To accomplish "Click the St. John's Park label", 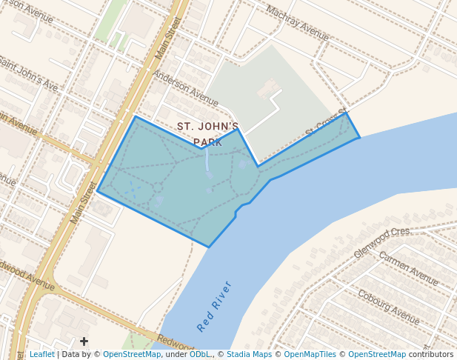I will point(207,134).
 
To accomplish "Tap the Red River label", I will point(215,306).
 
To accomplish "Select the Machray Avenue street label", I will point(297,24).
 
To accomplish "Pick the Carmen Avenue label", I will point(408,267).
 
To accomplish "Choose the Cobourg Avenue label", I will point(388,303).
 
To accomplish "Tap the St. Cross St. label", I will point(327,124).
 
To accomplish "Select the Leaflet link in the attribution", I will point(41,355).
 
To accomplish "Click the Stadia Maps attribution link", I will point(249,355).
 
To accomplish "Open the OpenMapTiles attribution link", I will point(311,355).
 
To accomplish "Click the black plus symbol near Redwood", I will point(84,341).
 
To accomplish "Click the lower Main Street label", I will point(84,203).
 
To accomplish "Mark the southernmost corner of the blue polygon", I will point(209,247).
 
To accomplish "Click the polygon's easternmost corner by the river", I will point(360,137).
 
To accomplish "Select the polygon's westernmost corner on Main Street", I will point(97,191).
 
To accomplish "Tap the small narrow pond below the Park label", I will point(207,161).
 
